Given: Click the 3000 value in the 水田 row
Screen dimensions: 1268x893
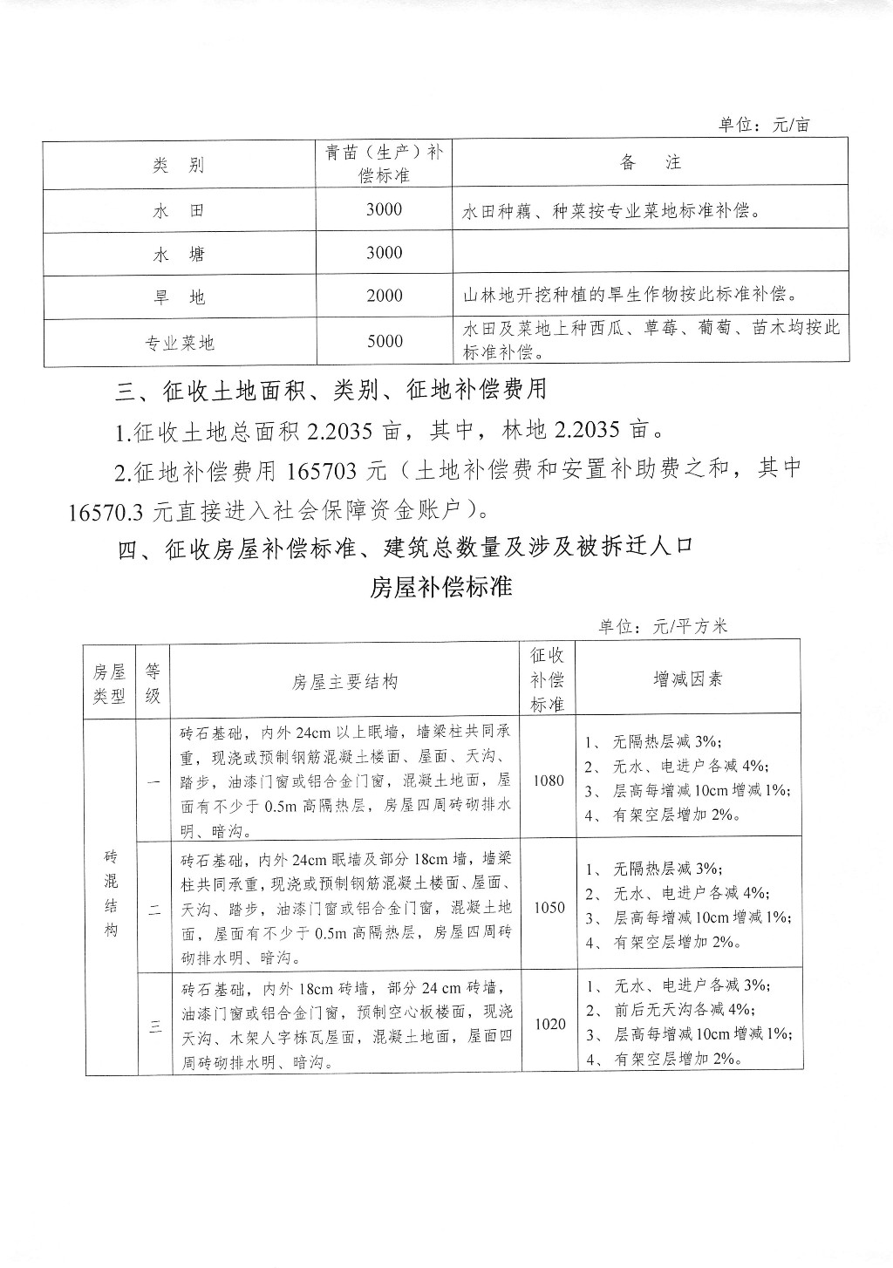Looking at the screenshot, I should coord(384,210).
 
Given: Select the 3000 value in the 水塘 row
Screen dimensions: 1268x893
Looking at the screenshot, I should coord(384,254).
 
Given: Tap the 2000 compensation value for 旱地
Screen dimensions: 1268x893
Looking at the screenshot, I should coord(384,297).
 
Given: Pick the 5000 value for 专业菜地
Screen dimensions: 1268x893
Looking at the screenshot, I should coord(384,342).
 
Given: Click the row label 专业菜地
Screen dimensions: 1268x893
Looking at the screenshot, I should coord(179,343).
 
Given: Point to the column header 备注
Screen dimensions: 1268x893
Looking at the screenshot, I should coord(650,163).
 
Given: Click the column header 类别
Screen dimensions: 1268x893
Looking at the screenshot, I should coord(179,165).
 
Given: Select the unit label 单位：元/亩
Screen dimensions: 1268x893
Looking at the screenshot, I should coord(764,125).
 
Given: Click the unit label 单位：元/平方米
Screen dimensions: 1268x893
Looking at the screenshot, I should coord(663,626).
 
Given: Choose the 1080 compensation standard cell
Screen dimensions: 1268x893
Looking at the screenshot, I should coord(548,781).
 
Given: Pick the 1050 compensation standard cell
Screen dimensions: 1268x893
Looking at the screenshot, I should coord(549,908).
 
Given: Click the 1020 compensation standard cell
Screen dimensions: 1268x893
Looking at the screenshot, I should coord(549,1024).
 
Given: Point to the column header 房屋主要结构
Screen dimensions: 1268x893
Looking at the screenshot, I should coord(344,682).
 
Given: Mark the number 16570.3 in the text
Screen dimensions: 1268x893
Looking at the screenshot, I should coord(105,512).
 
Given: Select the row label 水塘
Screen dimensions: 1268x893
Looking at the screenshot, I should coord(179,255).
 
